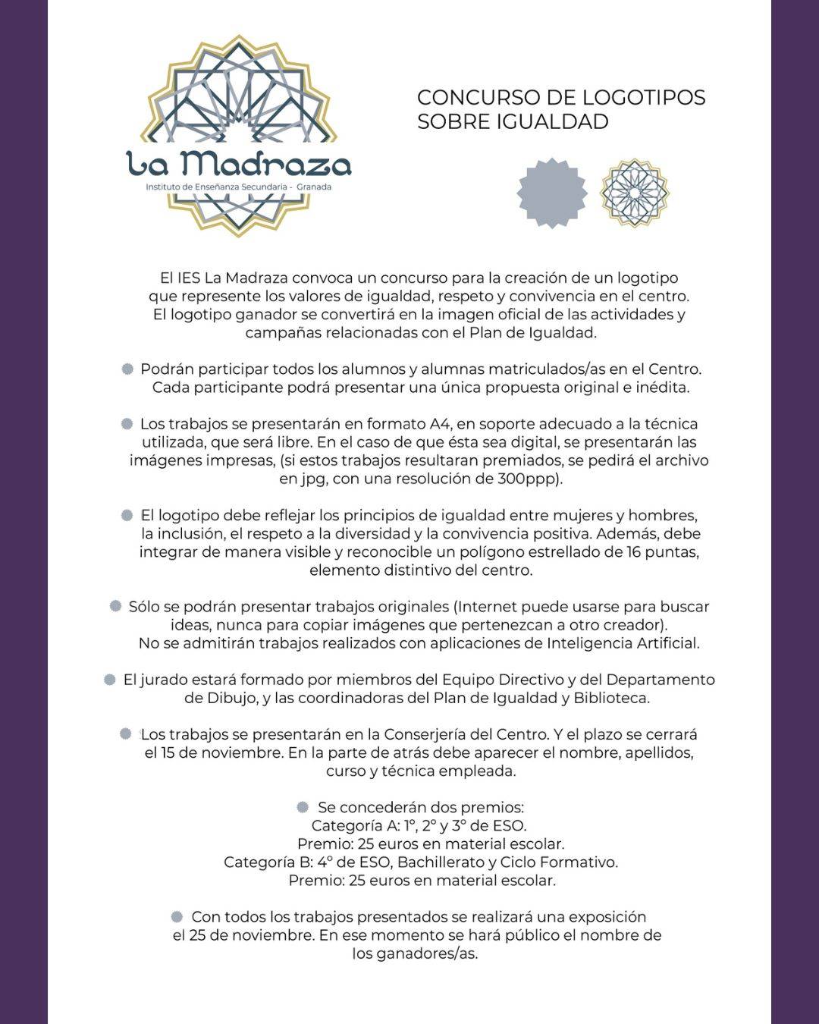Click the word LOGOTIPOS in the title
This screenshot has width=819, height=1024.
click(644, 98)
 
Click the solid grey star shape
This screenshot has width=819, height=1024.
click(552, 193)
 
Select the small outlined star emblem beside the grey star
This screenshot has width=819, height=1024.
click(634, 193)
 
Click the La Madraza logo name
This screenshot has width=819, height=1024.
click(239, 163)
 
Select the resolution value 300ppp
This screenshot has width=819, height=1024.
click(529, 479)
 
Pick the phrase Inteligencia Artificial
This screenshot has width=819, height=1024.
click(622, 643)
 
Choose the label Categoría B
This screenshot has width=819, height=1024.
click(267, 862)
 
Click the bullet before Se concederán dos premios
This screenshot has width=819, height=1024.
click(303, 807)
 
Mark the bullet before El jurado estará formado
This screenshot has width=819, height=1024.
click(110, 680)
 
